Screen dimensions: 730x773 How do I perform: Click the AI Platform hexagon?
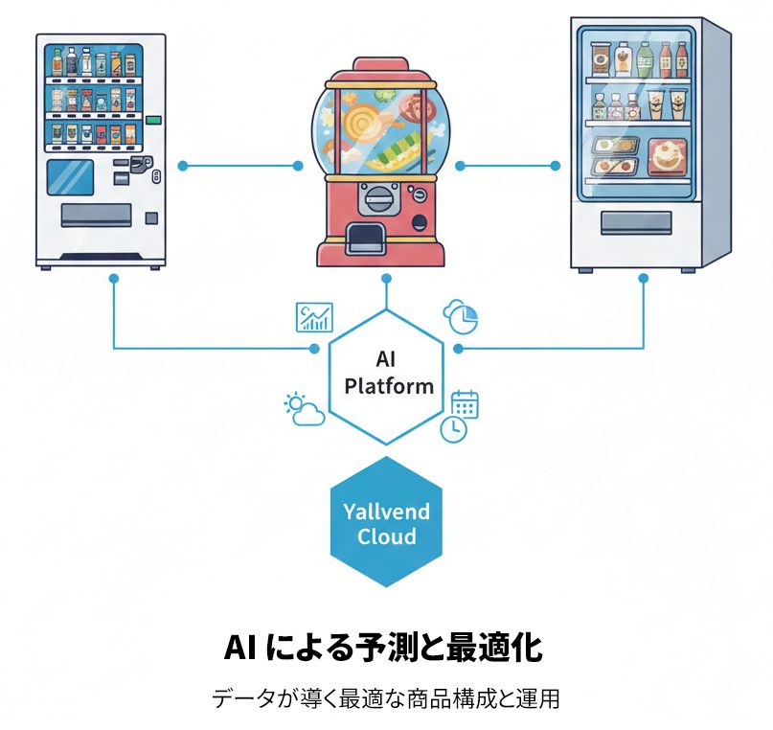click(387, 375)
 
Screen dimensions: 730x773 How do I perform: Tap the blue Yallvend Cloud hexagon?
click(387, 522)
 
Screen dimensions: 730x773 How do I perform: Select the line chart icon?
click(314, 317)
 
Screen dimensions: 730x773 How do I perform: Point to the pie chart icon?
click(461, 316)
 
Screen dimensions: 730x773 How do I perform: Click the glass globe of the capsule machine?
click(380, 129)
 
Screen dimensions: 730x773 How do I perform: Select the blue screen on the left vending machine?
click(71, 177)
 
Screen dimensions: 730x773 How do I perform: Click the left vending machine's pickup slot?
click(96, 215)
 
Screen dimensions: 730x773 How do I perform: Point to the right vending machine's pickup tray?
click(636, 222)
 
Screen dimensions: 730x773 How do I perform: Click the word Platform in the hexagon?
click(388, 386)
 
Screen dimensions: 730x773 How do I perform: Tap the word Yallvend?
click(387, 512)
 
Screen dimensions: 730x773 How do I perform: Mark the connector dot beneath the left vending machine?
click(113, 279)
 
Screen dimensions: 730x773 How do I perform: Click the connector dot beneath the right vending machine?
click(644, 279)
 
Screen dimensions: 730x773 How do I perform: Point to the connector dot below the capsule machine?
click(386, 279)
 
